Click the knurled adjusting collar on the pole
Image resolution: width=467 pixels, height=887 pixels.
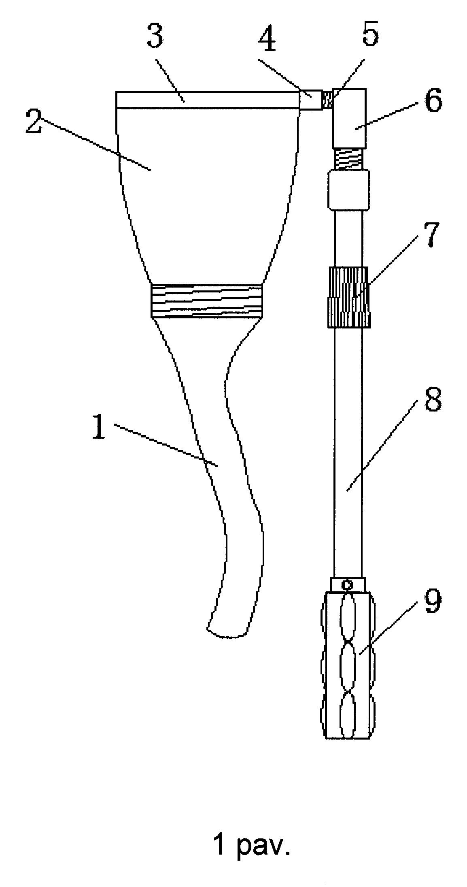(x=348, y=296)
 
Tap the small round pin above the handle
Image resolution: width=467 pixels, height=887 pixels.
(x=347, y=584)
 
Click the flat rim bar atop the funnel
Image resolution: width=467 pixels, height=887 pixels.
(x=208, y=100)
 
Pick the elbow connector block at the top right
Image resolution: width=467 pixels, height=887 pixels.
(x=349, y=118)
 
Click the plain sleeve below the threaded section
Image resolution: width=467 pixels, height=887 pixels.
(x=348, y=190)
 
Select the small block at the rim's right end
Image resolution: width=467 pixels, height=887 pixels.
(x=311, y=100)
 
